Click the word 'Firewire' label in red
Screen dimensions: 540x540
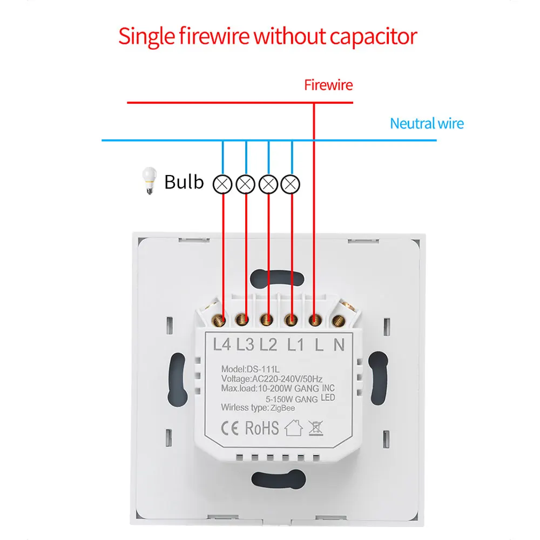pyautogui.click(x=328, y=85)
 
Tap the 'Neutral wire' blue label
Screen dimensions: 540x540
pyautogui.click(x=427, y=124)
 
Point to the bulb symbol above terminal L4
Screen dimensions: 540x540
pyautogui.click(x=223, y=184)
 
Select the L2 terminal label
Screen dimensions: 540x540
pyautogui.click(x=268, y=344)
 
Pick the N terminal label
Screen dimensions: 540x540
pyautogui.click(x=339, y=344)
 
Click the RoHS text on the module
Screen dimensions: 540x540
pyautogui.click(x=262, y=428)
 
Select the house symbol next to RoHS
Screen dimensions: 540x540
pyautogui.click(x=293, y=428)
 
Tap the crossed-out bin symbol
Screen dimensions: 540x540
pyautogui.click(x=315, y=428)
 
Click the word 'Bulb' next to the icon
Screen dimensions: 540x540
pyautogui.click(x=184, y=182)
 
